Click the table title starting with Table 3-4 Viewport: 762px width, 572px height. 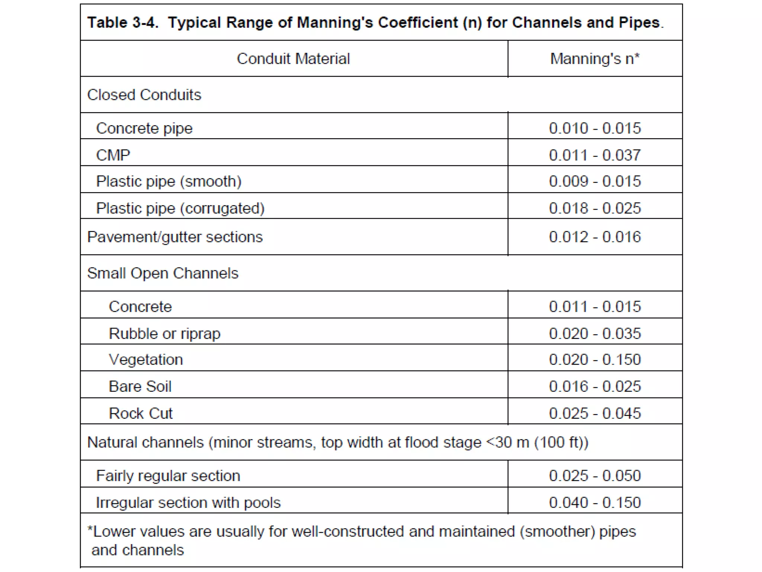pyautogui.click(x=375, y=22)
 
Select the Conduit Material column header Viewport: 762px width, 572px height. pyautogui.click(x=293, y=59)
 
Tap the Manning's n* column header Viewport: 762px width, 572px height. pyautogui.click(x=595, y=59)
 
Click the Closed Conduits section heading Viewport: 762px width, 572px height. pyautogui.click(x=144, y=95)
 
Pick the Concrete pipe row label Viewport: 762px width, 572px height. pyautogui.click(x=144, y=128)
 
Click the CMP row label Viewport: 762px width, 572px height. pyautogui.click(x=113, y=155)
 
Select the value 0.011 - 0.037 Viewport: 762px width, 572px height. pyautogui.click(x=595, y=155)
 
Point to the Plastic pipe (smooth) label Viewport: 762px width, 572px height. pyautogui.click(x=169, y=182)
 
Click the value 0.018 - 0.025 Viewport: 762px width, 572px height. pyautogui.click(x=595, y=208)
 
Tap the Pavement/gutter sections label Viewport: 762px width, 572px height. pyautogui.click(x=175, y=237)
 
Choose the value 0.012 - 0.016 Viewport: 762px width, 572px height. pyautogui.click(x=595, y=237)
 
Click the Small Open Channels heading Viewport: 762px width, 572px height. pyautogui.click(x=163, y=273)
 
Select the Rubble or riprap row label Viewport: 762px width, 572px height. pyautogui.click(x=164, y=334)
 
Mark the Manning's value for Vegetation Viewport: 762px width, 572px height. pyautogui.click(x=595, y=360)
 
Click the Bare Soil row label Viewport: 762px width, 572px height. pyautogui.click(x=140, y=387)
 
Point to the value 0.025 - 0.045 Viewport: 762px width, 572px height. pyautogui.click(x=595, y=413)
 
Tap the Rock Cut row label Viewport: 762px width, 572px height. pyautogui.click(x=141, y=413)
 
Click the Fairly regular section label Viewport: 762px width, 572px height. pyautogui.click(x=168, y=476)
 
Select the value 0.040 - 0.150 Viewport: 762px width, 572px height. pyautogui.click(x=595, y=503)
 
